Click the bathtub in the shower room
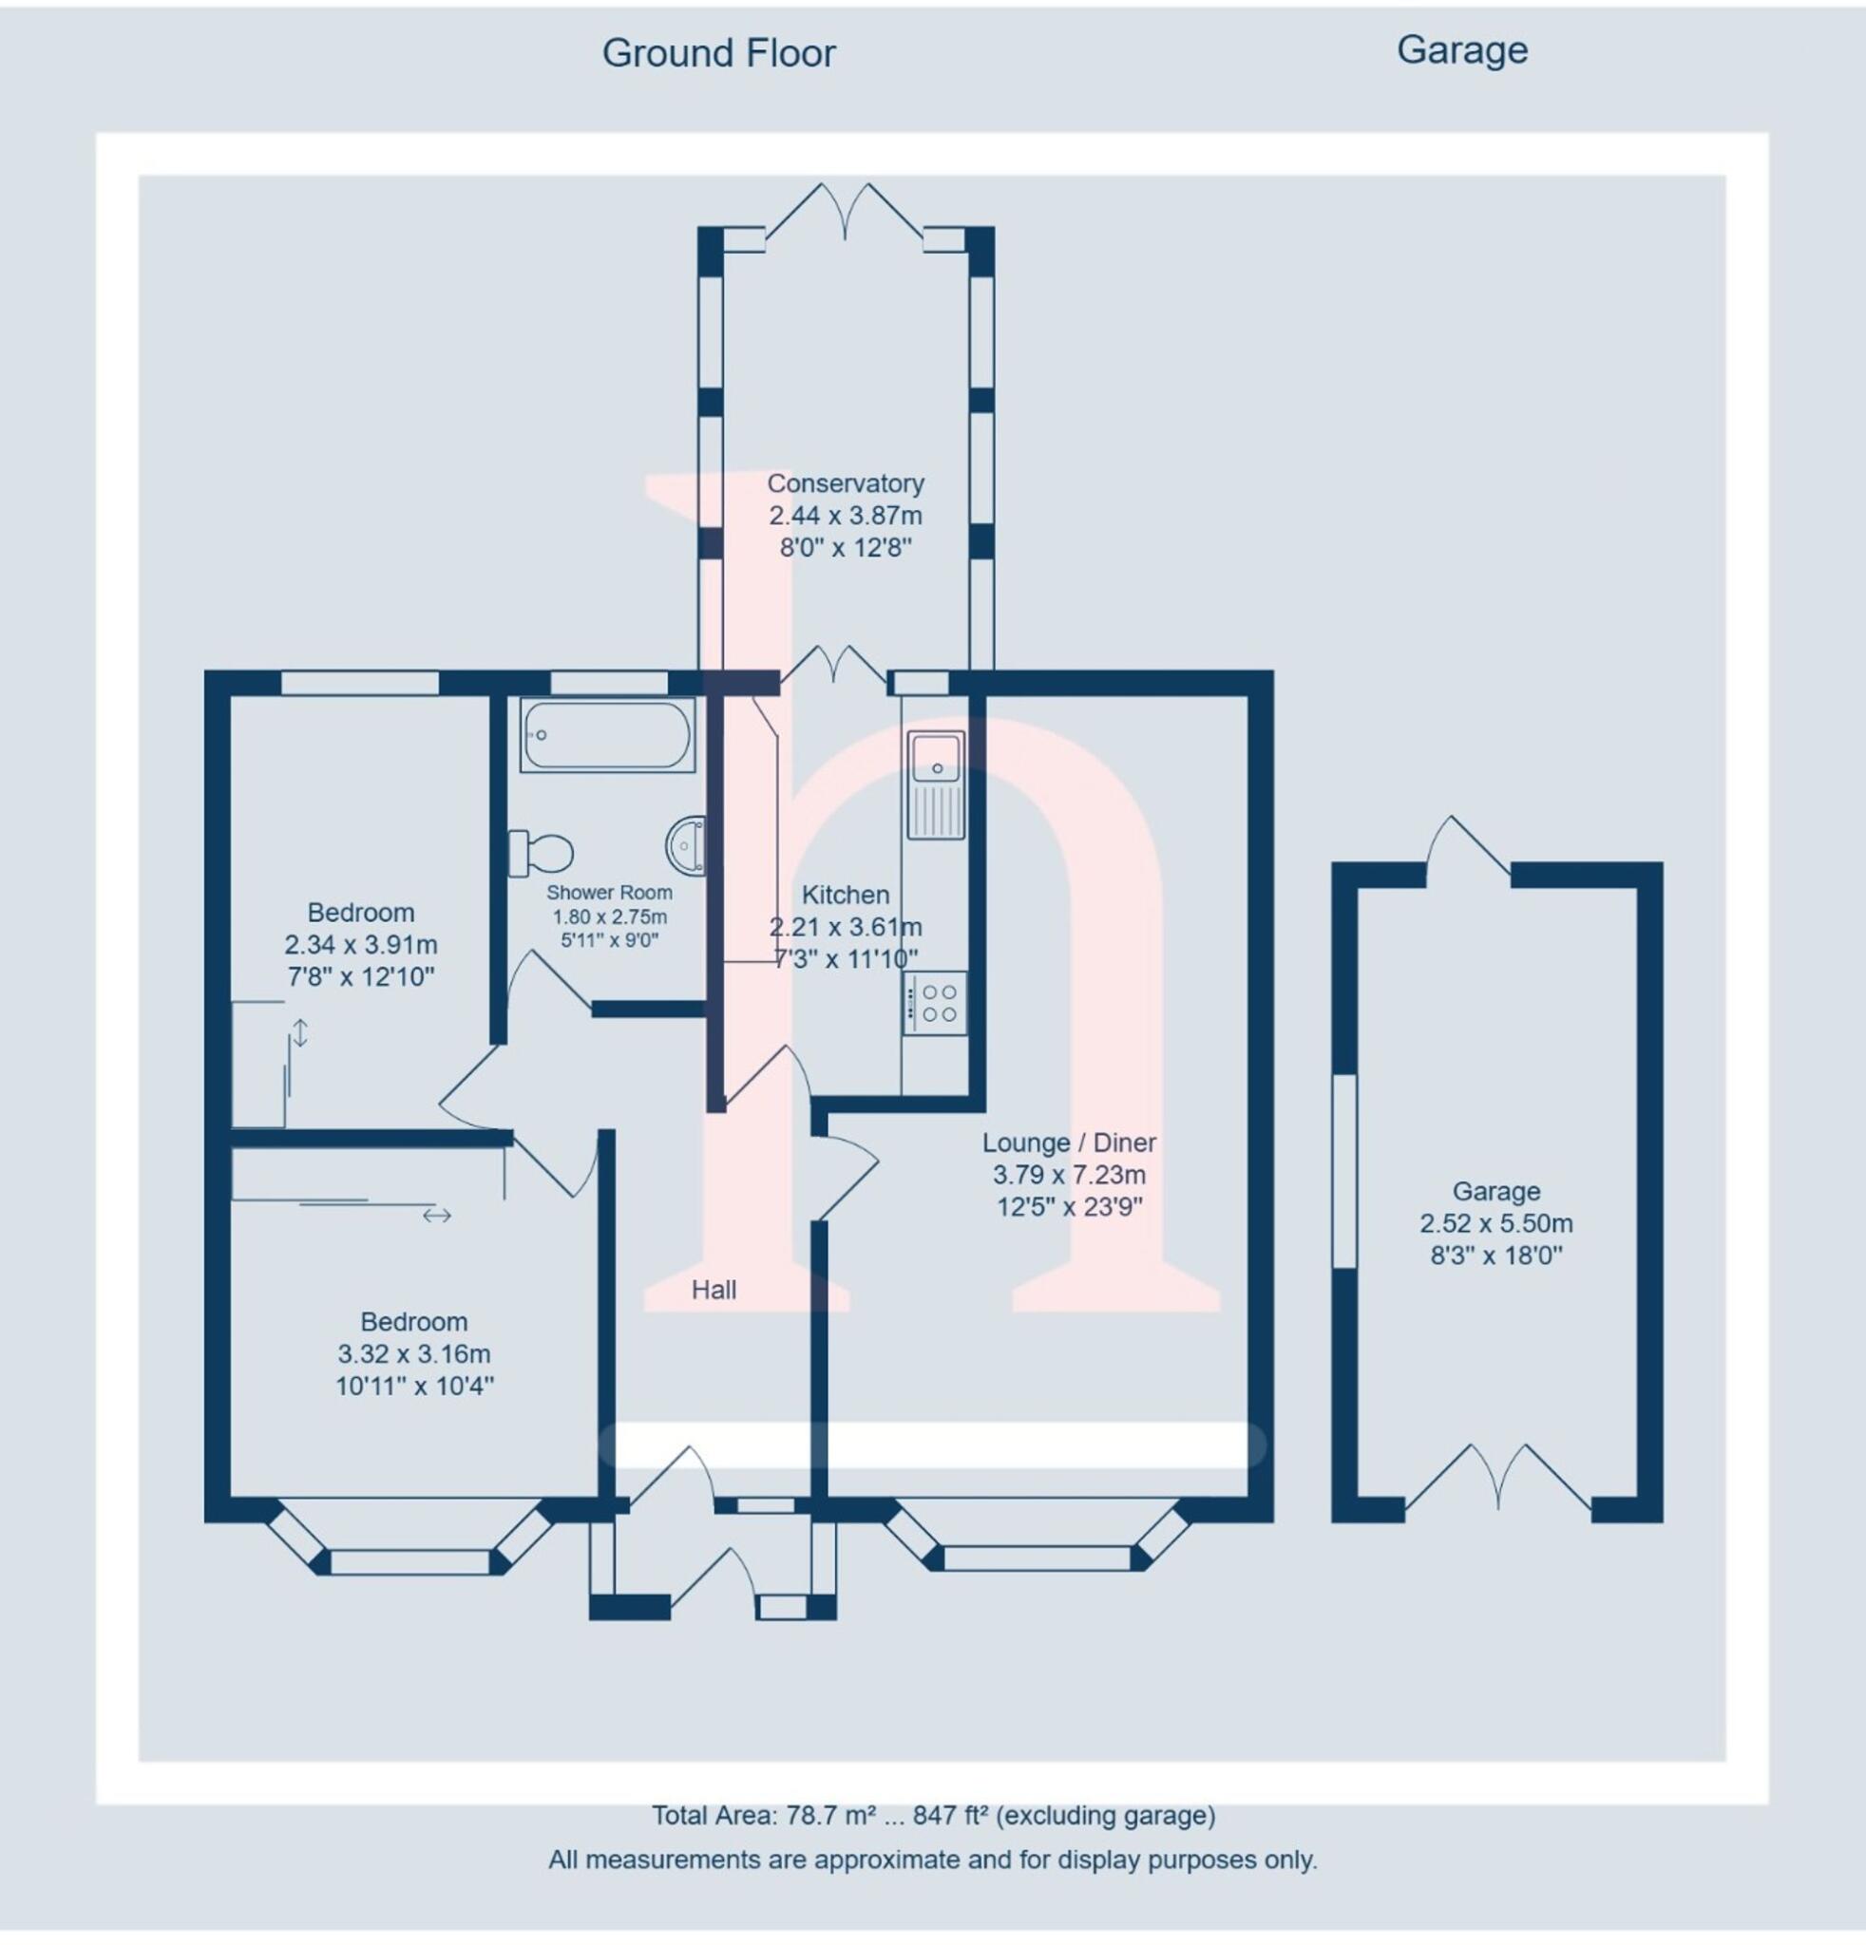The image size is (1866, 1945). [x=607, y=735]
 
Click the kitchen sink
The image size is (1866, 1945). [x=935, y=784]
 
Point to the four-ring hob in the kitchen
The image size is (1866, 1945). [x=935, y=1002]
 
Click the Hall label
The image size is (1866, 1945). [x=714, y=1290]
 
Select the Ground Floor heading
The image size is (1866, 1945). [x=718, y=53]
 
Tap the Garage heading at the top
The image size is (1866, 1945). [x=1461, y=49]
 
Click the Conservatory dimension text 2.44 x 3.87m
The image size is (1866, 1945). [x=845, y=515]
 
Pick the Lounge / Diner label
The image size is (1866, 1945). [x=1069, y=1142]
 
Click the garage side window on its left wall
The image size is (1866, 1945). [x=1342, y=1171]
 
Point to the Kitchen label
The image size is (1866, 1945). [x=845, y=894]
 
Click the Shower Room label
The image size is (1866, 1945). [x=608, y=892]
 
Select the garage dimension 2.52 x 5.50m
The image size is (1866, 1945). [x=1495, y=1222]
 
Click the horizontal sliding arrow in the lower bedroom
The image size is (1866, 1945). [x=437, y=1215]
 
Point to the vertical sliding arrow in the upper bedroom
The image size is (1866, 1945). [x=299, y=1032]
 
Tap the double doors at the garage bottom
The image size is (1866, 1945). [x=1496, y=1479]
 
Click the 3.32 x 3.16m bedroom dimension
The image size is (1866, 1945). [x=413, y=1353]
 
